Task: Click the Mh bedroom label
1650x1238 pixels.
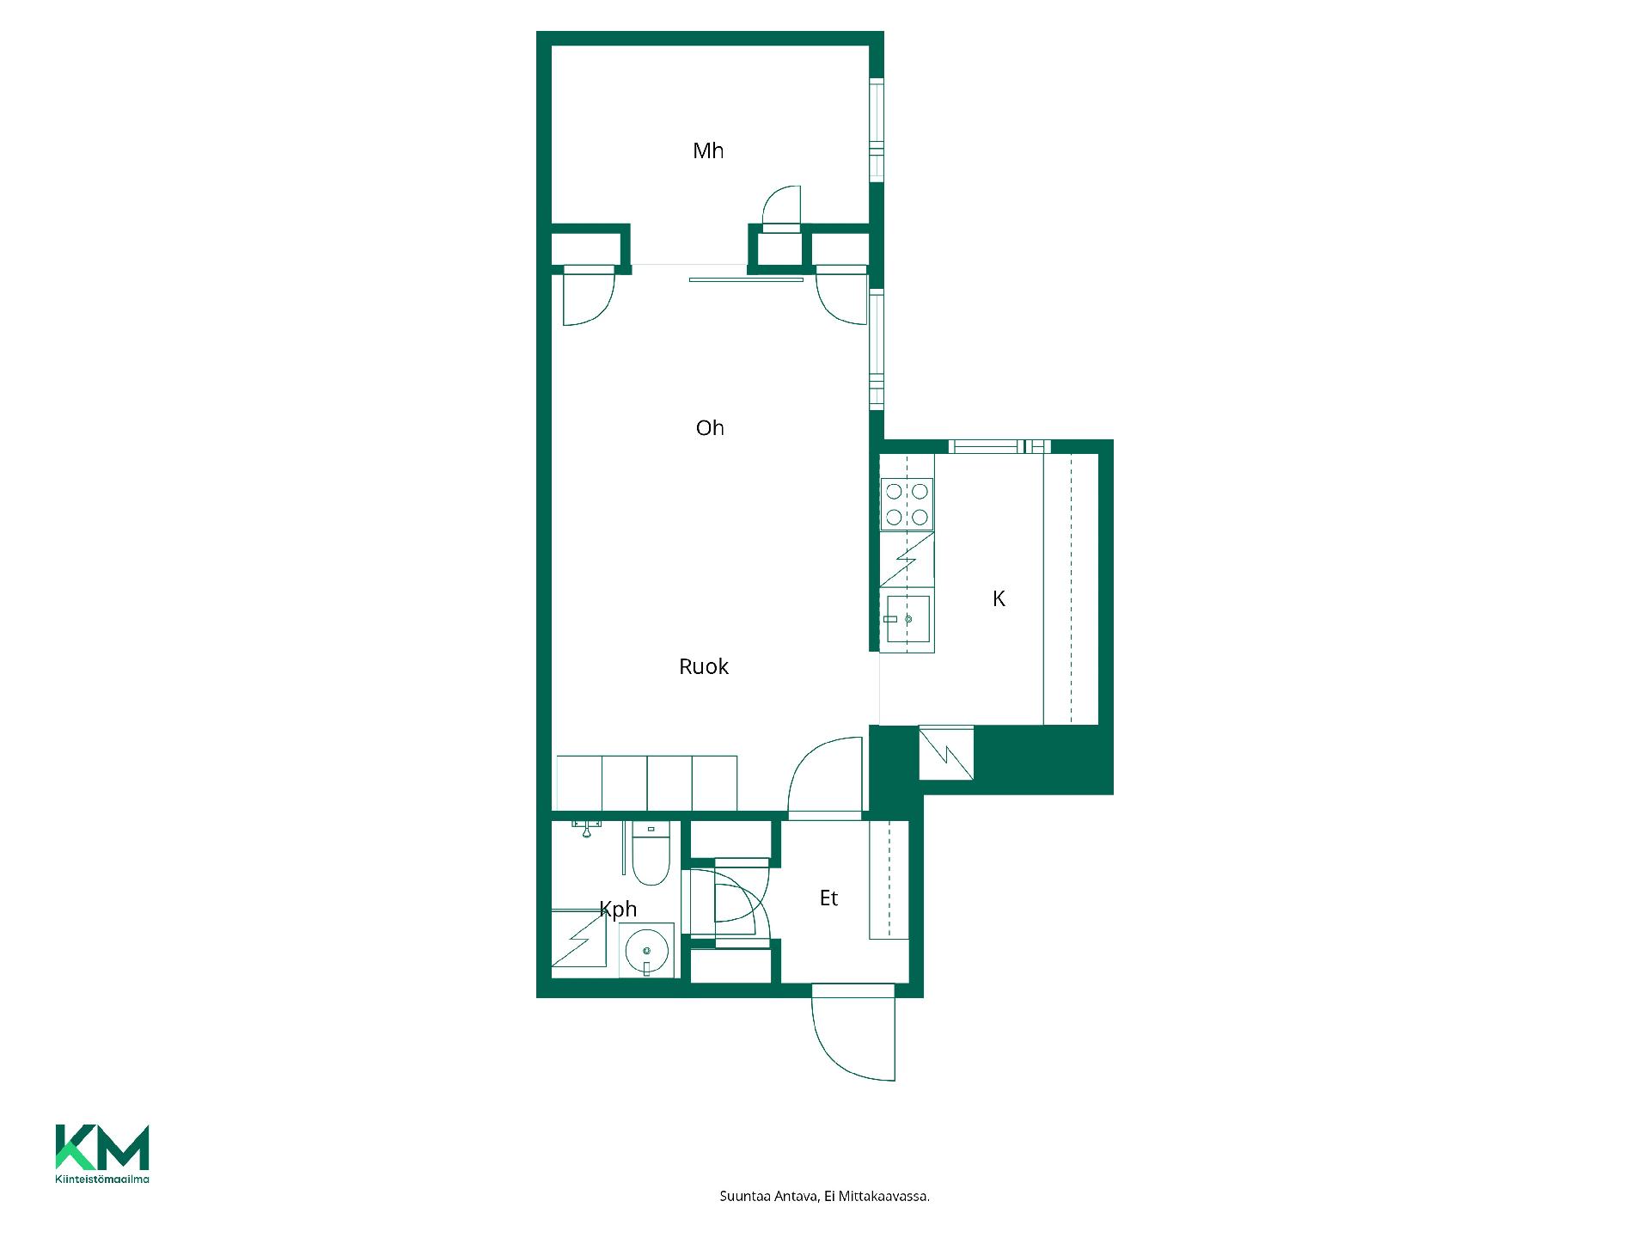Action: pos(708,151)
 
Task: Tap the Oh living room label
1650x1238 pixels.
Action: pos(710,428)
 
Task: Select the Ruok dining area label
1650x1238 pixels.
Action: pos(704,666)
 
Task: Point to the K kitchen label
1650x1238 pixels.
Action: pos(999,599)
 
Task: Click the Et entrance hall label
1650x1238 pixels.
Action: pos(828,898)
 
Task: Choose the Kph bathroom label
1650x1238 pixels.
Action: pos(618,910)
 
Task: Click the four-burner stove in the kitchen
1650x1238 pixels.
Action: pos(907,505)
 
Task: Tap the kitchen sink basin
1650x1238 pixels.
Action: pos(908,619)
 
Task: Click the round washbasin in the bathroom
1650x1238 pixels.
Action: pos(646,951)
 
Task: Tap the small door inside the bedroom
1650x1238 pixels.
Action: pos(781,209)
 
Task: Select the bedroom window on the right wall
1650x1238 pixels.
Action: pos(876,130)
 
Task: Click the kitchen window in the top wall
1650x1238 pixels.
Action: pos(999,446)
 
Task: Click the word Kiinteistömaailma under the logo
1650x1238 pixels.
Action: pos(102,1180)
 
